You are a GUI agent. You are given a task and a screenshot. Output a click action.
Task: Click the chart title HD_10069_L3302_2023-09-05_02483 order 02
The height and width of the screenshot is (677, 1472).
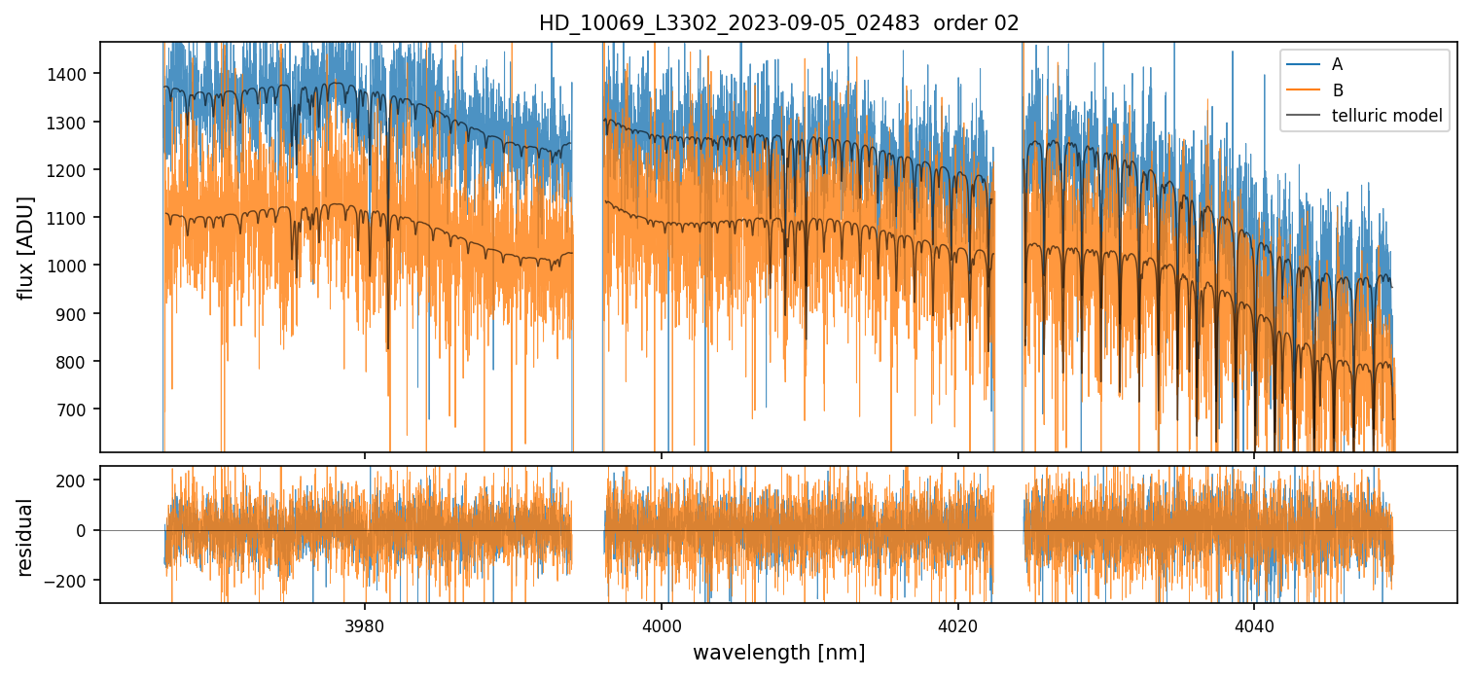tap(778, 23)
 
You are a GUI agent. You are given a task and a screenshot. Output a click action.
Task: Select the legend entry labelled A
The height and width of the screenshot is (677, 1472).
tap(1337, 64)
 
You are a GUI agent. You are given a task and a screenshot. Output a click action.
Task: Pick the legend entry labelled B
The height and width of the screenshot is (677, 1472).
tap(1337, 90)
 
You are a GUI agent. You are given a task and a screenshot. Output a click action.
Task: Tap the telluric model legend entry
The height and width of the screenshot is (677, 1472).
tap(1386, 118)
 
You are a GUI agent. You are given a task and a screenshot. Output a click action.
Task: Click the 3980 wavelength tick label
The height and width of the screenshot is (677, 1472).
tap(365, 624)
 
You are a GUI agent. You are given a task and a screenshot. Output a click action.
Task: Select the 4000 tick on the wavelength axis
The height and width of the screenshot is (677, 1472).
tap(662, 624)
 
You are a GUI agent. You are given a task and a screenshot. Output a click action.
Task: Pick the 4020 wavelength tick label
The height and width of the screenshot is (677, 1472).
tap(957, 624)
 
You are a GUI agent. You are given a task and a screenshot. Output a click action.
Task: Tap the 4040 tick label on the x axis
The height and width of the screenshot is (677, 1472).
tap(1254, 624)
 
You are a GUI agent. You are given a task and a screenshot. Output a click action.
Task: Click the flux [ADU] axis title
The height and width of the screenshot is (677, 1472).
tap(26, 247)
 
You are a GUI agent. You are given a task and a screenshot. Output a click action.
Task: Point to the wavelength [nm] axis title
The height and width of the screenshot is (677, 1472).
tap(778, 653)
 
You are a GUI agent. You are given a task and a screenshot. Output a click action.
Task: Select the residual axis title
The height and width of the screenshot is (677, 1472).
tap(26, 537)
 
